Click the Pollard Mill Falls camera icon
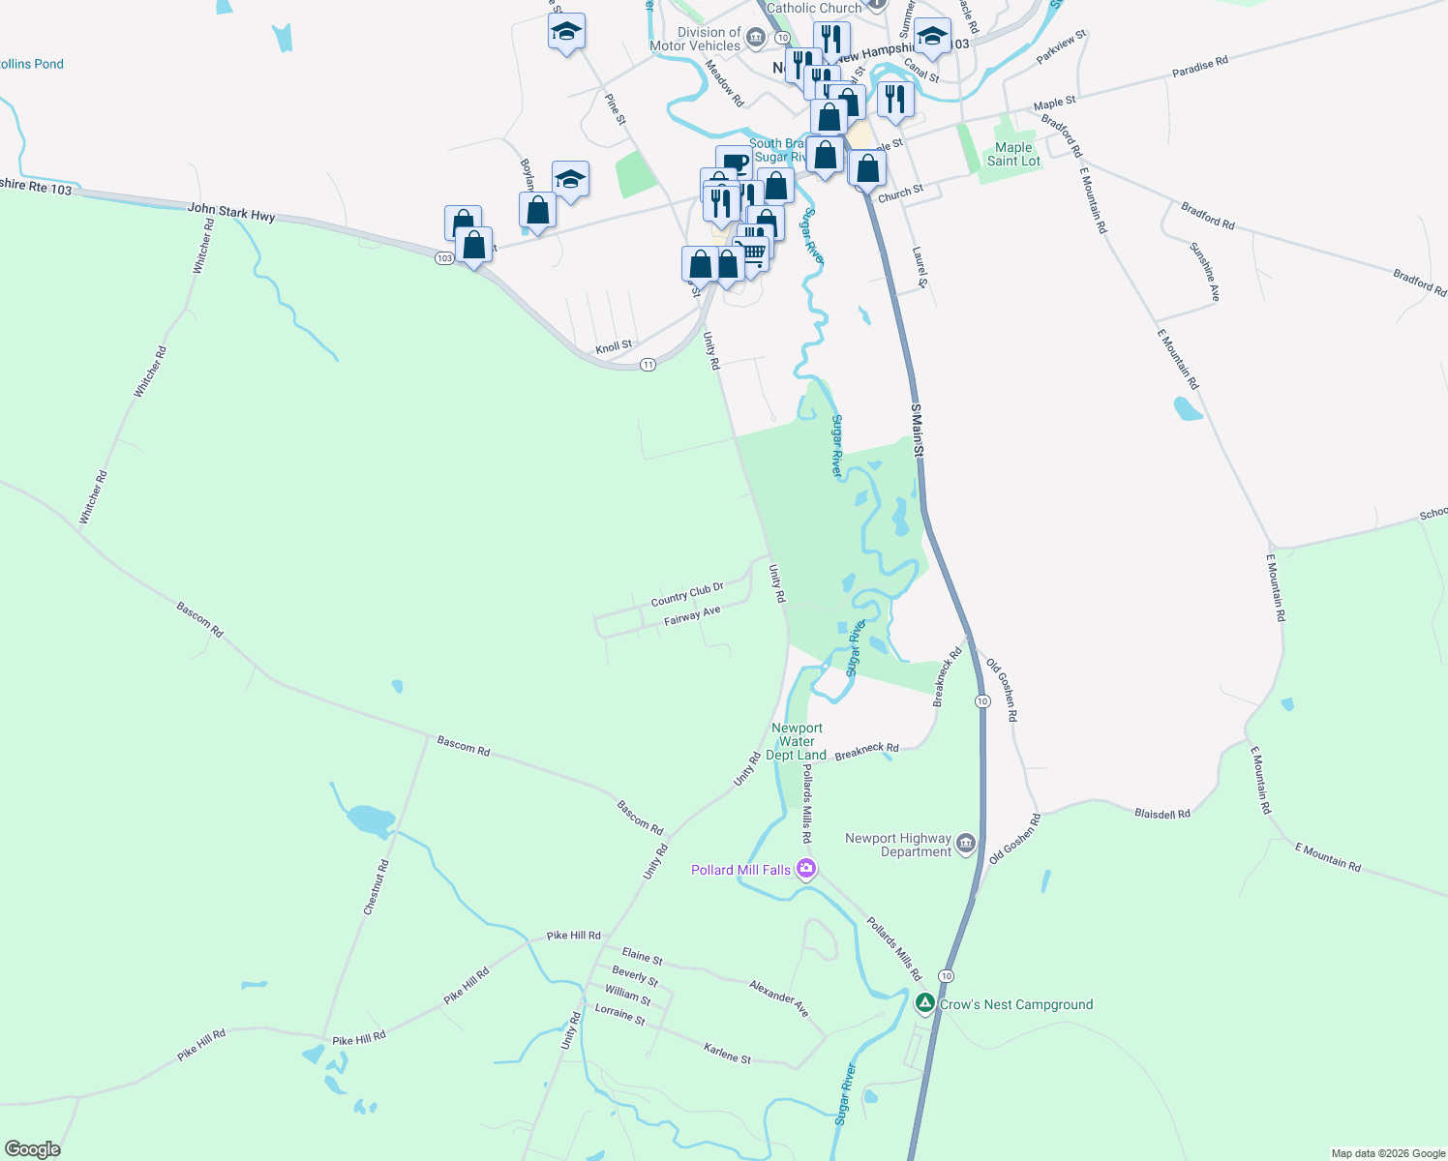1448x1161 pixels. (805, 869)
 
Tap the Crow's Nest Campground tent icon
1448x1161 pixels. (925, 1003)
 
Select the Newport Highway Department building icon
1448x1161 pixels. (966, 845)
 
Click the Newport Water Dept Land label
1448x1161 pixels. (797, 741)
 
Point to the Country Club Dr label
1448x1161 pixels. (687, 594)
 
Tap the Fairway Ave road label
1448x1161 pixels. (692, 616)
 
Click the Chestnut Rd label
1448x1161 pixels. (376, 887)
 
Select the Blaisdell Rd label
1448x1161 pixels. (1161, 814)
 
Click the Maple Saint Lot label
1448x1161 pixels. (1013, 155)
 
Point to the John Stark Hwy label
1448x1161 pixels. (231, 212)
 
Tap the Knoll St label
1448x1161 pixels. (614, 345)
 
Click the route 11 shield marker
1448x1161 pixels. (648, 365)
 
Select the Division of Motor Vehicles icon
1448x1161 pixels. (755, 39)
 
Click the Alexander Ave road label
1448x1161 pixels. (779, 997)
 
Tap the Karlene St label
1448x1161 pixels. (727, 1054)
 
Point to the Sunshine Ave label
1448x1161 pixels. (1205, 272)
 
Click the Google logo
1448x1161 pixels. (33, 1149)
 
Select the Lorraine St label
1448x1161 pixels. (619, 1014)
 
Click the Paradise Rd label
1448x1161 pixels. (1199, 67)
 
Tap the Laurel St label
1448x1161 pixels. (920, 267)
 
